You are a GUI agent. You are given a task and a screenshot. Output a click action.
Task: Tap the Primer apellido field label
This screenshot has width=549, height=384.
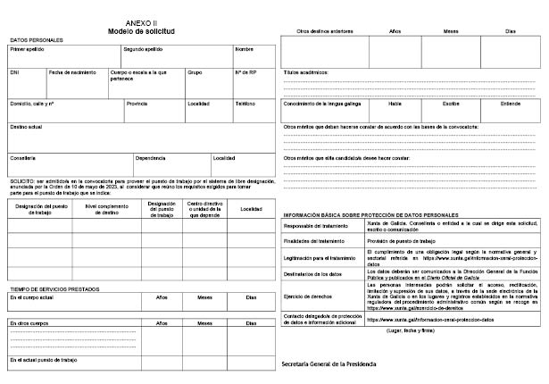tap(28, 49)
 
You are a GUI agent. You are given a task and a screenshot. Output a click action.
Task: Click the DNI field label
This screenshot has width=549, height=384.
tap(14, 72)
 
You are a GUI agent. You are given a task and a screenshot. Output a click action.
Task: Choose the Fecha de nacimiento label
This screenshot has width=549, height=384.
tap(72, 72)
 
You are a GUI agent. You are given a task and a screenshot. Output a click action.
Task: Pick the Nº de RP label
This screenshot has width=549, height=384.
tap(245, 72)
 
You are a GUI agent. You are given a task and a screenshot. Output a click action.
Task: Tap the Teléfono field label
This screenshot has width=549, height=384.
tap(245, 104)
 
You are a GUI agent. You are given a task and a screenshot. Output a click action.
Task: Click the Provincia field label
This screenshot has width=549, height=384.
tap(137, 104)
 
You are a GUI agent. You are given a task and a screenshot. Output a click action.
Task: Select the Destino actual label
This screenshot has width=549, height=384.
tap(27, 127)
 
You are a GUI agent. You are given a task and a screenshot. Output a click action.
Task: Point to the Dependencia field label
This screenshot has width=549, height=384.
tap(151, 158)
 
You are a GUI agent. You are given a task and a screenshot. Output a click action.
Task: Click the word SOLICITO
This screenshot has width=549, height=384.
tap(22, 180)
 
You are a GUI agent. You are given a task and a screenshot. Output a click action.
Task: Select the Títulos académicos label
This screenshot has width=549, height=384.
tap(308, 71)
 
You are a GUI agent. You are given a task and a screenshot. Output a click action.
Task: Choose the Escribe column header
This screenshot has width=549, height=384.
tap(451, 103)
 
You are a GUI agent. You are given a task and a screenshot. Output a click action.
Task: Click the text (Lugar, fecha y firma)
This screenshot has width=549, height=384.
tap(409, 330)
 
